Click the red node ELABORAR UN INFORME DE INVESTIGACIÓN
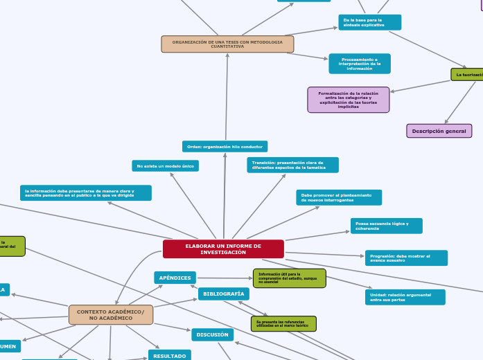pyautogui.click(x=223, y=249)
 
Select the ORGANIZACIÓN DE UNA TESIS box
pyautogui.click(x=227, y=44)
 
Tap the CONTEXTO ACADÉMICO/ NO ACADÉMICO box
pyautogui.click(x=111, y=315)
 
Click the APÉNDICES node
pyautogui.click(x=175, y=278)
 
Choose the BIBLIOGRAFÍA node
pyautogui.click(x=223, y=294)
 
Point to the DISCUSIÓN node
pyautogui.click(x=212, y=334)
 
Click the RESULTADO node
pyautogui.click(x=169, y=356)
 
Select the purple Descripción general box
pyautogui.click(x=439, y=131)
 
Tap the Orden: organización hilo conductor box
pyautogui.click(x=225, y=147)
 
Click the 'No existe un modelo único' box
pyautogui.click(x=165, y=166)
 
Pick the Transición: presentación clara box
pyautogui.click(x=292, y=165)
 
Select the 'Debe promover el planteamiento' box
pyautogui.click(x=339, y=198)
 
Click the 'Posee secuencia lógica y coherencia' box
pyautogui.click(x=386, y=226)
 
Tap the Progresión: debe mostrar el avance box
pyautogui.click(x=406, y=258)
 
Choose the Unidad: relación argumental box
pyautogui.click(x=404, y=298)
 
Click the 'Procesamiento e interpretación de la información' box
pyautogui.click(x=359, y=64)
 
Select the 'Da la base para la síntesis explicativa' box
pyautogui.click(x=369, y=22)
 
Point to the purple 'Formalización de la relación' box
pyautogui.click(x=348, y=100)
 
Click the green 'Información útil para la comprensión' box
pyautogui.click(x=289, y=278)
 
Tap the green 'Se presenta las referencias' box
pyautogui.click(x=283, y=324)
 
